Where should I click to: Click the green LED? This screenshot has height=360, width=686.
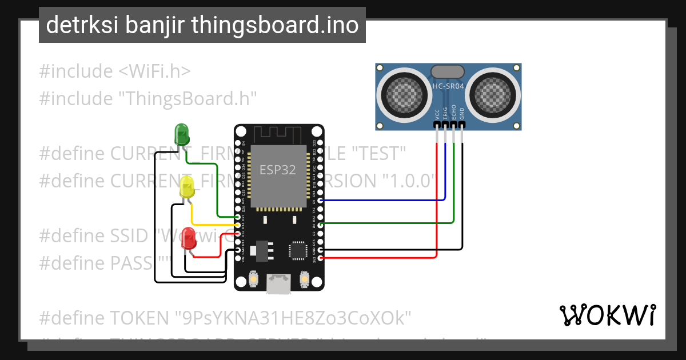pyautogui.click(x=181, y=135)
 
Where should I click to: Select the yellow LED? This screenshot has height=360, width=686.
pyautogui.click(x=187, y=187)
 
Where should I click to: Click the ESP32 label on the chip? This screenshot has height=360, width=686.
pyautogui.click(x=278, y=170)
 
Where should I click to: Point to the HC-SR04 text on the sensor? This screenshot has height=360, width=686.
pyautogui.click(x=448, y=86)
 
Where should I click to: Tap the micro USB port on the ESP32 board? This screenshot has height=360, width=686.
pyautogui.click(x=278, y=283)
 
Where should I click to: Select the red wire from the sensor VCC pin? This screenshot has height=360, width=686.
pyautogui.click(x=437, y=200)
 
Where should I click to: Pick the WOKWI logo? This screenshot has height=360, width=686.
pyautogui.click(x=607, y=315)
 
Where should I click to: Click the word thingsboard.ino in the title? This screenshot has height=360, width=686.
pyautogui.click(x=275, y=25)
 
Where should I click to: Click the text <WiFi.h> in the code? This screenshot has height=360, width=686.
pyautogui.click(x=154, y=71)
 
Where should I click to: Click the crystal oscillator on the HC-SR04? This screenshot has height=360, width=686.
pyautogui.click(x=448, y=71)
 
